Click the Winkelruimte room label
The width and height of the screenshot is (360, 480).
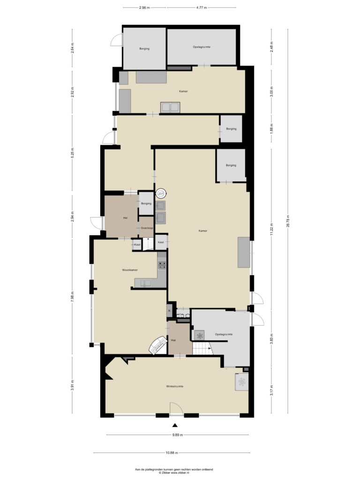(x=174, y=386)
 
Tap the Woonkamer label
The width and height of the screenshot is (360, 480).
(x=130, y=270)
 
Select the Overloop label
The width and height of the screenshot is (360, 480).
(x=147, y=228)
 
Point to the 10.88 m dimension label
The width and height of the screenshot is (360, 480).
(x=172, y=453)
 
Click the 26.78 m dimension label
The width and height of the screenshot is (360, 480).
(x=287, y=220)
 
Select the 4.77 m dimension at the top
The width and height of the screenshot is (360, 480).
(x=202, y=7)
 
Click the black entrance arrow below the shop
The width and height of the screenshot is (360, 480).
(x=175, y=425)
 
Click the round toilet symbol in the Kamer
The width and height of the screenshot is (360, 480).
(x=161, y=194)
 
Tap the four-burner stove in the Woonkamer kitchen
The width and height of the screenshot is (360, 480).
(x=162, y=265)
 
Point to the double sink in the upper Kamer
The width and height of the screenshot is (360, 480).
(x=170, y=107)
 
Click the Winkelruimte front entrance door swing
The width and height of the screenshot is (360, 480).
(x=176, y=408)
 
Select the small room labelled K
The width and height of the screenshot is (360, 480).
(x=169, y=310)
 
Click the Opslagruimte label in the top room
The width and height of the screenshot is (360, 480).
(x=202, y=47)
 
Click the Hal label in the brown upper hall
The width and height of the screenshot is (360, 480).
(x=125, y=218)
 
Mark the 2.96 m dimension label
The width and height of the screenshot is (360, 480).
(x=144, y=7)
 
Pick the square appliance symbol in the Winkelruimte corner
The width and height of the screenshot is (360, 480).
(x=242, y=382)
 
